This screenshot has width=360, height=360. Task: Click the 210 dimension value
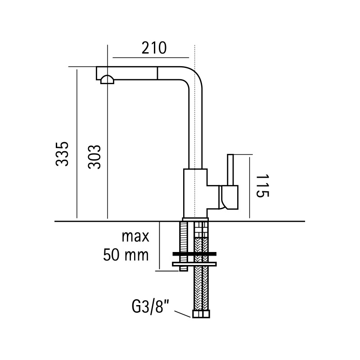pos(154,48)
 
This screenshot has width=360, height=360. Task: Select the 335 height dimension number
pos(62,154)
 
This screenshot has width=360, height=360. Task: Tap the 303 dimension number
pos(94,157)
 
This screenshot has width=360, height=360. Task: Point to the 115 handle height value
pos(262,185)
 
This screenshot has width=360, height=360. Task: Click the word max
pos(135,237)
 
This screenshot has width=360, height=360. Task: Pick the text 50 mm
pos(126,255)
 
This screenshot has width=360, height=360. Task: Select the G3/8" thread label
pos(150,307)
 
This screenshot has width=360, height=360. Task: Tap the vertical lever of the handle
pos(230,170)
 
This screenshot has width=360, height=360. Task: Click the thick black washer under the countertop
pos(194,254)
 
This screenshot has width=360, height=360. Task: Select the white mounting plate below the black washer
pos(194,264)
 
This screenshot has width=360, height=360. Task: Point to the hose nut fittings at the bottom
pos(201,314)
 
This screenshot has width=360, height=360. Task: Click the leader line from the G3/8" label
pos(183,314)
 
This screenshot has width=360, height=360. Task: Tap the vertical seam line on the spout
pos(157,73)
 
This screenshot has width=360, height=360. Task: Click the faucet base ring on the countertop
pos(195,219)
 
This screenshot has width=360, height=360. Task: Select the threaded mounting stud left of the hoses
pos(184,246)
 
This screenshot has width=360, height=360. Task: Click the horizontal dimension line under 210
pos(151,58)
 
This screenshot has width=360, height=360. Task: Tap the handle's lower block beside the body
pos(229,198)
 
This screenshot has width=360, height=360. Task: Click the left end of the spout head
pos(96,73)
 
